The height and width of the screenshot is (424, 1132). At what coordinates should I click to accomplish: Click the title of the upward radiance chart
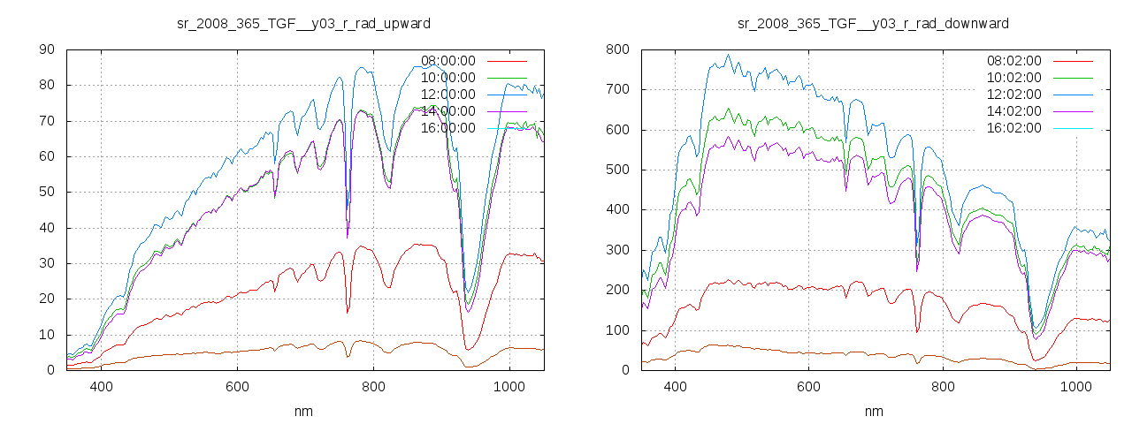[304, 23]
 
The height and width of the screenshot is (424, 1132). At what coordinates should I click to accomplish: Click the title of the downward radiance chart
[873, 23]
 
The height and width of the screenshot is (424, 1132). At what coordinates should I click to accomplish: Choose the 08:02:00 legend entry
[1014, 61]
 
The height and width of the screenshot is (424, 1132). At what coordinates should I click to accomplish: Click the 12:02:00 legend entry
[1014, 95]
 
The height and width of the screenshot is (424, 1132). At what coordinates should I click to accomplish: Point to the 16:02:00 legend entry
[1014, 128]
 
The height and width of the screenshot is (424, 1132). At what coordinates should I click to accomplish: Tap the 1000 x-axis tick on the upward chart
[509, 386]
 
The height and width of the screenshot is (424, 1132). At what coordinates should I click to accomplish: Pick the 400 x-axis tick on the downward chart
[676, 386]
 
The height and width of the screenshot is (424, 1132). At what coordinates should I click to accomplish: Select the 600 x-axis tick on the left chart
[237, 386]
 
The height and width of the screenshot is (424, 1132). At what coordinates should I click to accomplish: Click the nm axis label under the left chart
[304, 411]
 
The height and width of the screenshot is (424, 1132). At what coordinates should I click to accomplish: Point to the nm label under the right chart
[873, 411]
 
